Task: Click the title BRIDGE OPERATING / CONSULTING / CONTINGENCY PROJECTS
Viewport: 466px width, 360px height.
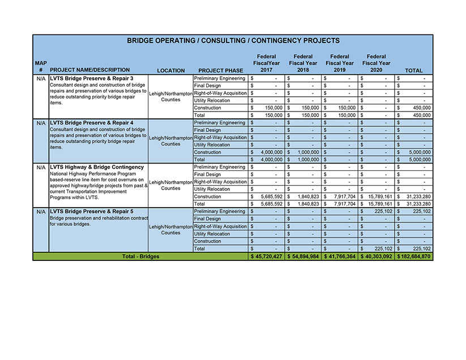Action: point(233,41)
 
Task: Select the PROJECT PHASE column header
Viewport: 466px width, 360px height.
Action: point(221,71)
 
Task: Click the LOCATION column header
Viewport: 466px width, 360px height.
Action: point(171,71)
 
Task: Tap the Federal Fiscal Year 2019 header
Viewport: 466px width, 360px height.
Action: point(340,63)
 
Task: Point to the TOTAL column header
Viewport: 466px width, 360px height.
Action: point(414,71)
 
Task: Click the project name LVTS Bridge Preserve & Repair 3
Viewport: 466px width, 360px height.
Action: point(91,78)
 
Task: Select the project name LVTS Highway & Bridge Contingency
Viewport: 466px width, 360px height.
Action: point(97,167)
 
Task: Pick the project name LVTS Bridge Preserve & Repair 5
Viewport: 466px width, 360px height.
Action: point(91,212)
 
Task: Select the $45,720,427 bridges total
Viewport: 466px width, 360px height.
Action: point(266,256)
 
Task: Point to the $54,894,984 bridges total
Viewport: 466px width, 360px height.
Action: point(303,256)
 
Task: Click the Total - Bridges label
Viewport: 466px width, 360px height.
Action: point(141,256)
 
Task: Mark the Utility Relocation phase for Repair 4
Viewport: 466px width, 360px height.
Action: point(212,145)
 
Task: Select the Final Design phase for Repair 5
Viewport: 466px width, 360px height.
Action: point(208,219)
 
